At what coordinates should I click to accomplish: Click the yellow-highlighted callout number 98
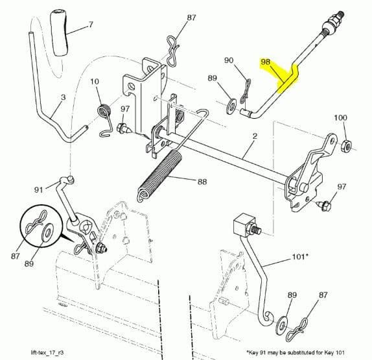point(264,62)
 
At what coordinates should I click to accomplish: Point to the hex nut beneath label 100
point(346,143)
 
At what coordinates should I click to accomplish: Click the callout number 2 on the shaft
point(255,136)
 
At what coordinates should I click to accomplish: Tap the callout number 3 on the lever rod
point(63,98)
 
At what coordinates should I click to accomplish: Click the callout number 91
point(39,189)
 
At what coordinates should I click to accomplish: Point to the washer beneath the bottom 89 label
point(283,322)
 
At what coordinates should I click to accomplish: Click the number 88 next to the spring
point(202,182)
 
